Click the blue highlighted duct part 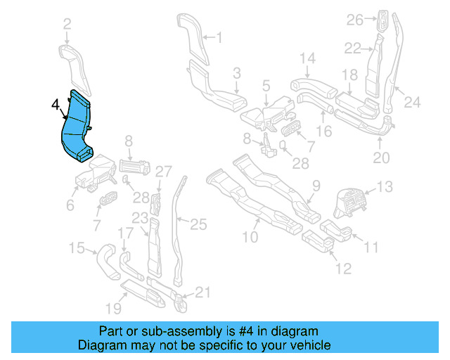point(76,130)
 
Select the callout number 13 point(385,187)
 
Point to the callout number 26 point(355,20)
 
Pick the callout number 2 point(67,25)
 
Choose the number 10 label point(250,238)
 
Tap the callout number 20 point(380,158)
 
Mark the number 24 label point(411,103)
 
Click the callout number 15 point(75,247)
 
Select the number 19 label point(113,307)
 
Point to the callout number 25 point(199,225)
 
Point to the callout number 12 point(342,269)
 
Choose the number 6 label point(70,205)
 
